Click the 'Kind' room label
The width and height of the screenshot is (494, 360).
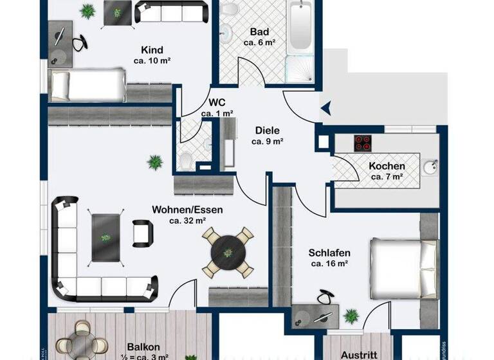(152, 50)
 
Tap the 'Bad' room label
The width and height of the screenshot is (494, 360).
(259, 32)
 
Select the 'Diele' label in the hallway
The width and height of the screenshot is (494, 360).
(267, 130)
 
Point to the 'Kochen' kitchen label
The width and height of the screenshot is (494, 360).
(387, 166)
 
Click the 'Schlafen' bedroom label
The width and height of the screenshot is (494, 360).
(329, 253)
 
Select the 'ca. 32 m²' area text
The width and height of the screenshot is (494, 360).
(187, 221)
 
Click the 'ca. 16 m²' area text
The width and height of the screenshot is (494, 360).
(329, 264)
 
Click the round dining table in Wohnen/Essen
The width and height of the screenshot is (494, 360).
(228, 251)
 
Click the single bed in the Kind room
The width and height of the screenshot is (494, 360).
(87, 85)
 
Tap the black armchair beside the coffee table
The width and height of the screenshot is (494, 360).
(143, 233)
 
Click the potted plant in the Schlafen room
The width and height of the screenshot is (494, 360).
(351, 316)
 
